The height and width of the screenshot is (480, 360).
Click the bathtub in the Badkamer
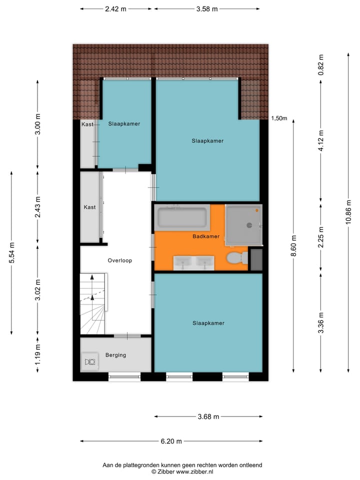182,218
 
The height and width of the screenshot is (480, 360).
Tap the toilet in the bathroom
235,258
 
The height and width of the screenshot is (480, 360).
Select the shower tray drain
248,225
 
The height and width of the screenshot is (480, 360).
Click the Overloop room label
119,260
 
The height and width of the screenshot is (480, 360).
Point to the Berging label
115,355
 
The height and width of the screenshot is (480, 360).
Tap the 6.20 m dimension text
171,441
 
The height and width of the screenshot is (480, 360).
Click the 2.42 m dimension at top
116,8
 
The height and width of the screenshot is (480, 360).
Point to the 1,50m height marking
279,118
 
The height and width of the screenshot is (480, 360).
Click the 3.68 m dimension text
208,416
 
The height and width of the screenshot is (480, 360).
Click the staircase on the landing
93,303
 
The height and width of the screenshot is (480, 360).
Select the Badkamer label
205,236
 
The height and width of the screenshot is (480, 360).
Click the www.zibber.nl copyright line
182,471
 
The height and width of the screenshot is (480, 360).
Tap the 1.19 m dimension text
37,354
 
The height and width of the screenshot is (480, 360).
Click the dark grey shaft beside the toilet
256,260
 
